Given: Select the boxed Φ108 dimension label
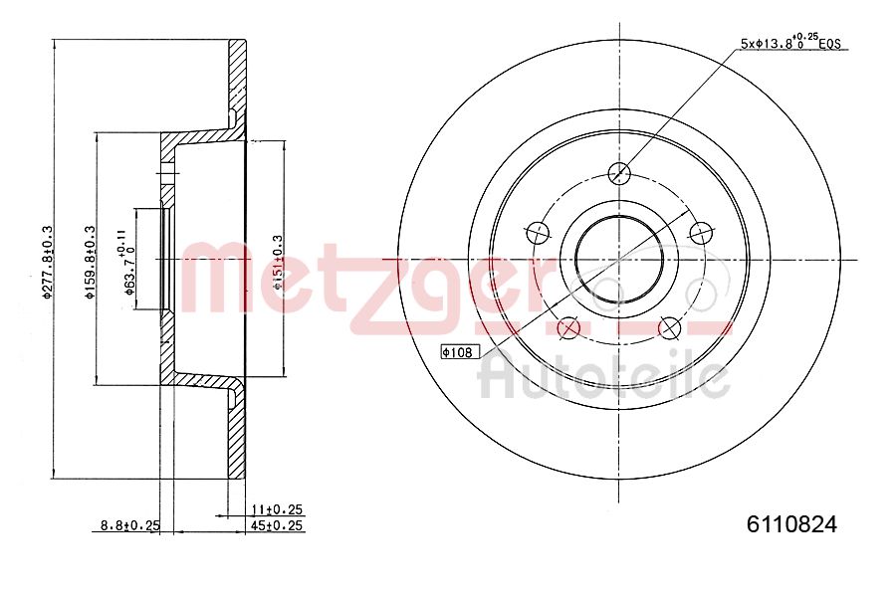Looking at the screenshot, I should coord(460,352).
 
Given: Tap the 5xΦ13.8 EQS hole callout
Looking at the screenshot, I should coord(790,42).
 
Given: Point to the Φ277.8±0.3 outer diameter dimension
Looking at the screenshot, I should coord(46,261).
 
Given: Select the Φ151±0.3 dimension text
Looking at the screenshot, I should coord(278,261).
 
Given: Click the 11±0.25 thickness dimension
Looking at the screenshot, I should coord(276,508).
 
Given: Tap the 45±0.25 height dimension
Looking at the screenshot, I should coord(276,525).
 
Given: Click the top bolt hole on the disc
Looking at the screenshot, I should coord(619,173).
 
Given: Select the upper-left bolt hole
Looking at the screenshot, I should coord(538,233).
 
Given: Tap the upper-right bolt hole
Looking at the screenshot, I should coord(701,233).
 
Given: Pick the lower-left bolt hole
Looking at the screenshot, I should coord(568,326).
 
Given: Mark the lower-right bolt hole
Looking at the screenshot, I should coord(670,326).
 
